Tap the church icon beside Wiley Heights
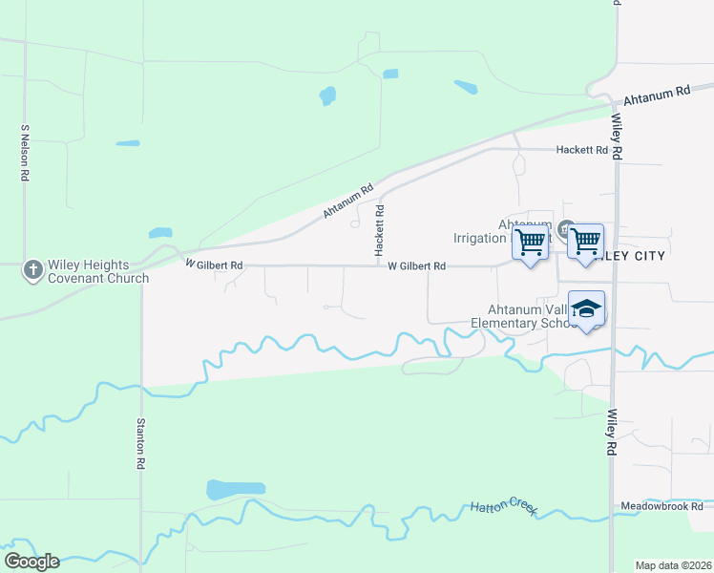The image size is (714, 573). point(32,270)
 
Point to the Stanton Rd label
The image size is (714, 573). point(140,443)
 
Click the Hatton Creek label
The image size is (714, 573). point(504,509)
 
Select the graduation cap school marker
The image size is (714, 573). point(587,309)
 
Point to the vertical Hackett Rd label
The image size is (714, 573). point(380,230)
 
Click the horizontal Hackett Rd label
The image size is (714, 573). point(581,150)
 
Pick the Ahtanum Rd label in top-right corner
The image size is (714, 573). point(657,95)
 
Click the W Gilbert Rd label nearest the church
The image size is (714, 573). point(214,264)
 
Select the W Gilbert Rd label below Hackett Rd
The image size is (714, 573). point(417,265)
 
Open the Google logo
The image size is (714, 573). point(31,562)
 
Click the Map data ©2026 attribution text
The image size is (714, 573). point(672,564)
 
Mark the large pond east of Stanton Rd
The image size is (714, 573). point(235,490)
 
